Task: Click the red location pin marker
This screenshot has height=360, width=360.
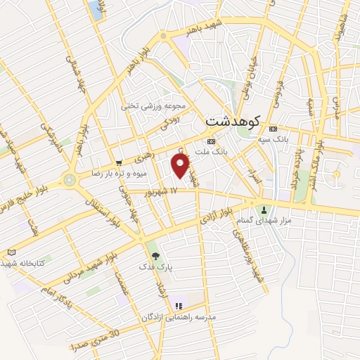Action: point(181,165)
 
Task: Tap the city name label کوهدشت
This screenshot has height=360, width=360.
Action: point(233,121)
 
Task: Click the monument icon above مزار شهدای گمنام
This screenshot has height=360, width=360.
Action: point(264,210)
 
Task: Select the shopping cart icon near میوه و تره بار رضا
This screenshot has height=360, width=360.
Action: point(119,162)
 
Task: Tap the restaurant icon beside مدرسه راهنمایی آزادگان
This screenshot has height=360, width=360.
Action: point(179,306)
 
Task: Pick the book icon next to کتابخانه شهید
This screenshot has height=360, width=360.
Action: point(11,252)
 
